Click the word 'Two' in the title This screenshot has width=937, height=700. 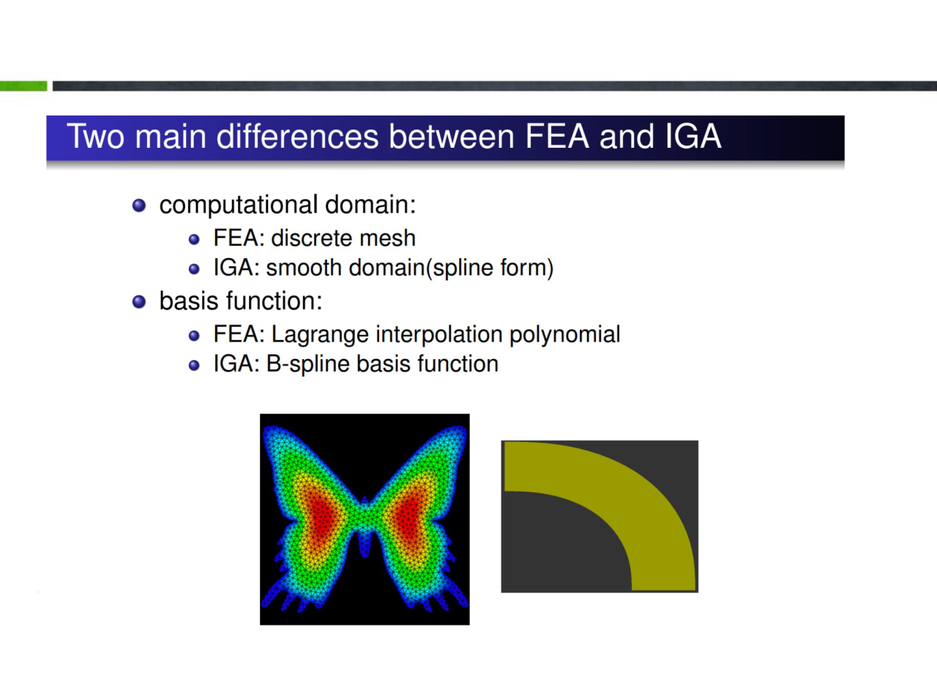tap(95, 137)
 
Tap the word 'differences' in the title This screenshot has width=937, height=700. tap(297, 137)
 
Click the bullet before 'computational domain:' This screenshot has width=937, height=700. tap(139, 206)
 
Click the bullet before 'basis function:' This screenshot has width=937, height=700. tap(139, 301)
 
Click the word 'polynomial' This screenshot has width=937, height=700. tap(564, 334)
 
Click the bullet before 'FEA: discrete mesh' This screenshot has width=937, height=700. tap(194, 239)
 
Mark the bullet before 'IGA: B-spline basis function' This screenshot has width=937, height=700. tap(194, 366)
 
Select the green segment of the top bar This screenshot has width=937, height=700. tap(23, 86)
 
